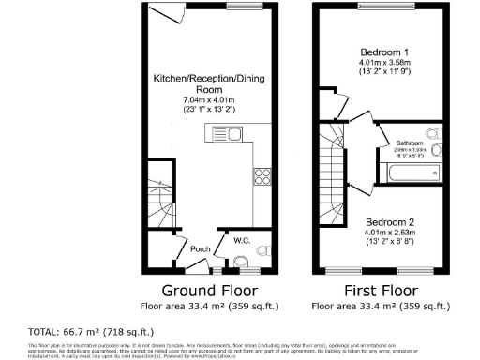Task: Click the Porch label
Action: [200, 249]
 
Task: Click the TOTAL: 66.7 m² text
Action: [91, 332]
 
